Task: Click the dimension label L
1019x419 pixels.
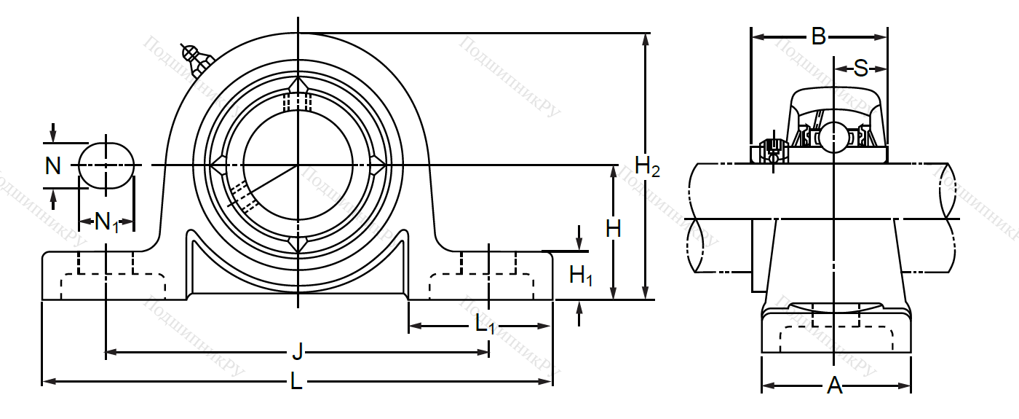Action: [296, 381]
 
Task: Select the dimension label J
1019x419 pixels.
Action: [296, 353]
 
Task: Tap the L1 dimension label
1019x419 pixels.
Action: [485, 325]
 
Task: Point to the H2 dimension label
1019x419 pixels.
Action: [647, 167]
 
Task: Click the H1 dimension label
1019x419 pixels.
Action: [581, 275]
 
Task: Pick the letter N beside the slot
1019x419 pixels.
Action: [53, 166]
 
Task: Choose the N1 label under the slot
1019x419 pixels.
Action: [107, 222]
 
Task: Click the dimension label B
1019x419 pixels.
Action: [819, 36]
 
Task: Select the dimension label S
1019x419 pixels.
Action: [860, 69]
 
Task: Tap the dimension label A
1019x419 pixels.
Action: [835, 385]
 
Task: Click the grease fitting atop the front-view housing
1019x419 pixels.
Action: [196, 60]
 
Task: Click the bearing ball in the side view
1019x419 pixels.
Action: [833, 137]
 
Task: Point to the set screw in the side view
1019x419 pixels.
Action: [771, 152]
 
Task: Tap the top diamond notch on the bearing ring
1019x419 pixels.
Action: [298, 86]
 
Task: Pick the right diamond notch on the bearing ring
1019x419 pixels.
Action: [377, 166]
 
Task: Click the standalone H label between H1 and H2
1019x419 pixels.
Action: [614, 229]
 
